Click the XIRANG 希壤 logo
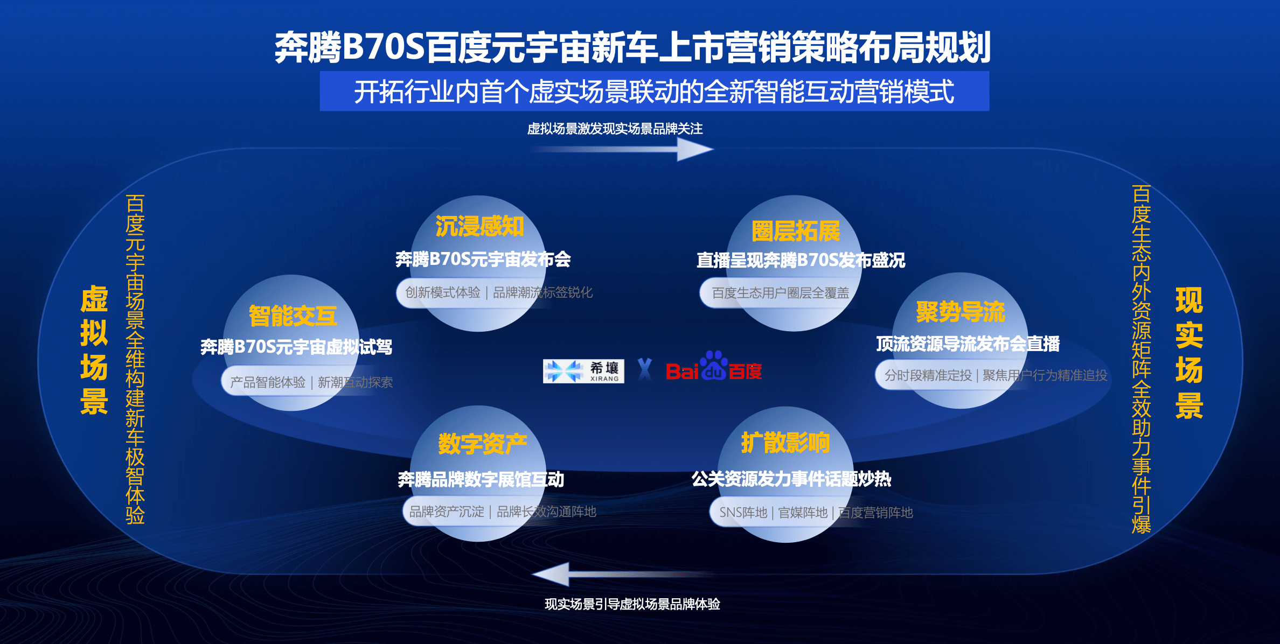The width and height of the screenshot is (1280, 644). pos(583,371)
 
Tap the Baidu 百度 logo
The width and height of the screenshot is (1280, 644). pos(714,366)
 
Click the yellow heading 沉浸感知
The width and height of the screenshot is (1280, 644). pos(479,226)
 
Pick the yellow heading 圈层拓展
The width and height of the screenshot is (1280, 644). pos(796,232)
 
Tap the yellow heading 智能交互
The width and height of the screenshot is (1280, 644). pos(293,316)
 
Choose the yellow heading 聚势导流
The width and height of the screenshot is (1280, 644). pos(961,312)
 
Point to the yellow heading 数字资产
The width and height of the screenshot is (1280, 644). pos(483,444)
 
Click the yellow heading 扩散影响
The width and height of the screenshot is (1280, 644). pos(785,443)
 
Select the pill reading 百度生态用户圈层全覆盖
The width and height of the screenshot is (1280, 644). pos(780,293)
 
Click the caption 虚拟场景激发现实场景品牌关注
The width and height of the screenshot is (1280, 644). pos(615,129)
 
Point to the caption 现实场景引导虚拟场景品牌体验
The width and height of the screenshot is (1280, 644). pos(632,604)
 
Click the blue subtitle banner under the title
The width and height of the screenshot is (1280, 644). pos(655,91)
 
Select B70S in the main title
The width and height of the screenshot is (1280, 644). pos(384,47)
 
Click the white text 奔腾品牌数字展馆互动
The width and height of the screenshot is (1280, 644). pos(481,479)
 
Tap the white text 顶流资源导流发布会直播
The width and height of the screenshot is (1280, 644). pos(968,344)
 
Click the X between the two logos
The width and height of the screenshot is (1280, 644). pos(645,370)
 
